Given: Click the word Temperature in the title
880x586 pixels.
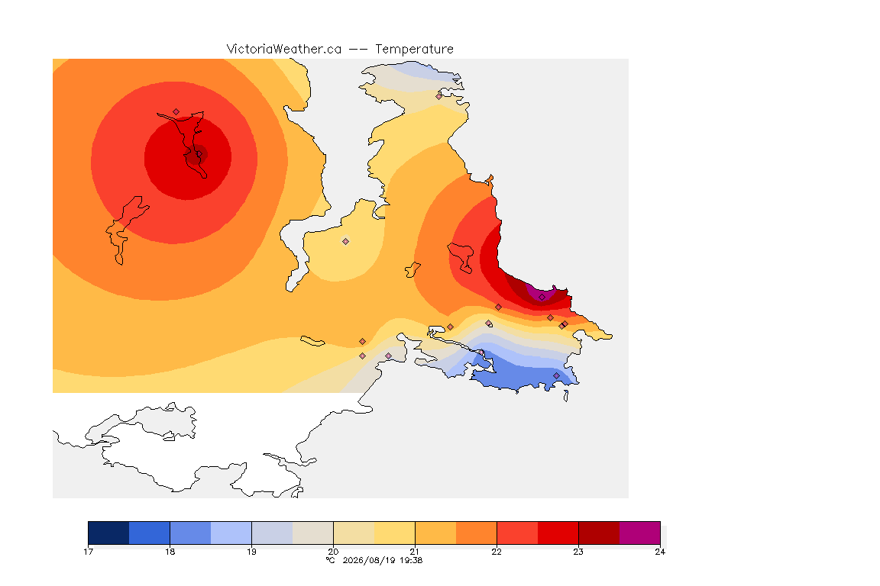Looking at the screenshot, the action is click(x=414, y=50).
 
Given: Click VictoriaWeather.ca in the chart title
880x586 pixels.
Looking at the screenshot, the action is click(x=284, y=50).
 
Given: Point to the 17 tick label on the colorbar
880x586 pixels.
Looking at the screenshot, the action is click(x=88, y=552).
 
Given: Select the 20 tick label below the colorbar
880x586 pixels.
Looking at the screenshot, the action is click(x=333, y=552).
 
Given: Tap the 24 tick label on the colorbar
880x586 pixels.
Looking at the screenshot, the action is click(x=660, y=552).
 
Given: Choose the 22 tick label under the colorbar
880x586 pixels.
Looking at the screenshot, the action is click(x=497, y=552).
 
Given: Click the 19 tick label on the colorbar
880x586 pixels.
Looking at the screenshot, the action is click(x=251, y=552).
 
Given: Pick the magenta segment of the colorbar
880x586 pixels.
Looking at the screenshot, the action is click(x=640, y=533).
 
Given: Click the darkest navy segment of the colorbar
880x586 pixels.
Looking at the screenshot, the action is click(x=109, y=533).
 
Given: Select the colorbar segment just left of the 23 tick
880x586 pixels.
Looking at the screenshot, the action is click(x=558, y=533).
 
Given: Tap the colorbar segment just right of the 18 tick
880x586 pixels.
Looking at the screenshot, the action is click(x=190, y=533).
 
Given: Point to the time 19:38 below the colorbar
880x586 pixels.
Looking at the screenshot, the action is click(x=411, y=560).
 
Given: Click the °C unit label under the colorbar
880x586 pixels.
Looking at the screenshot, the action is click(x=331, y=560).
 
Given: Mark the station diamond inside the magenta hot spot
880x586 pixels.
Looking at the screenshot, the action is click(x=542, y=298).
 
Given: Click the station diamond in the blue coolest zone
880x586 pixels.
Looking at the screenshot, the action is click(x=556, y=375).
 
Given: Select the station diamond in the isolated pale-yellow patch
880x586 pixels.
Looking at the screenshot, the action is click(x=346, y=242).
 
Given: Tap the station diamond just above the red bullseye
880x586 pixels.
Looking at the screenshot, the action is click(x=176, y=112).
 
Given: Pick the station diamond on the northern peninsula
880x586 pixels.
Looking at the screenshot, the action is click(x=439, y=96).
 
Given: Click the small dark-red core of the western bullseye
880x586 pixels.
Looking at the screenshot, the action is click(x=196, y=155).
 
